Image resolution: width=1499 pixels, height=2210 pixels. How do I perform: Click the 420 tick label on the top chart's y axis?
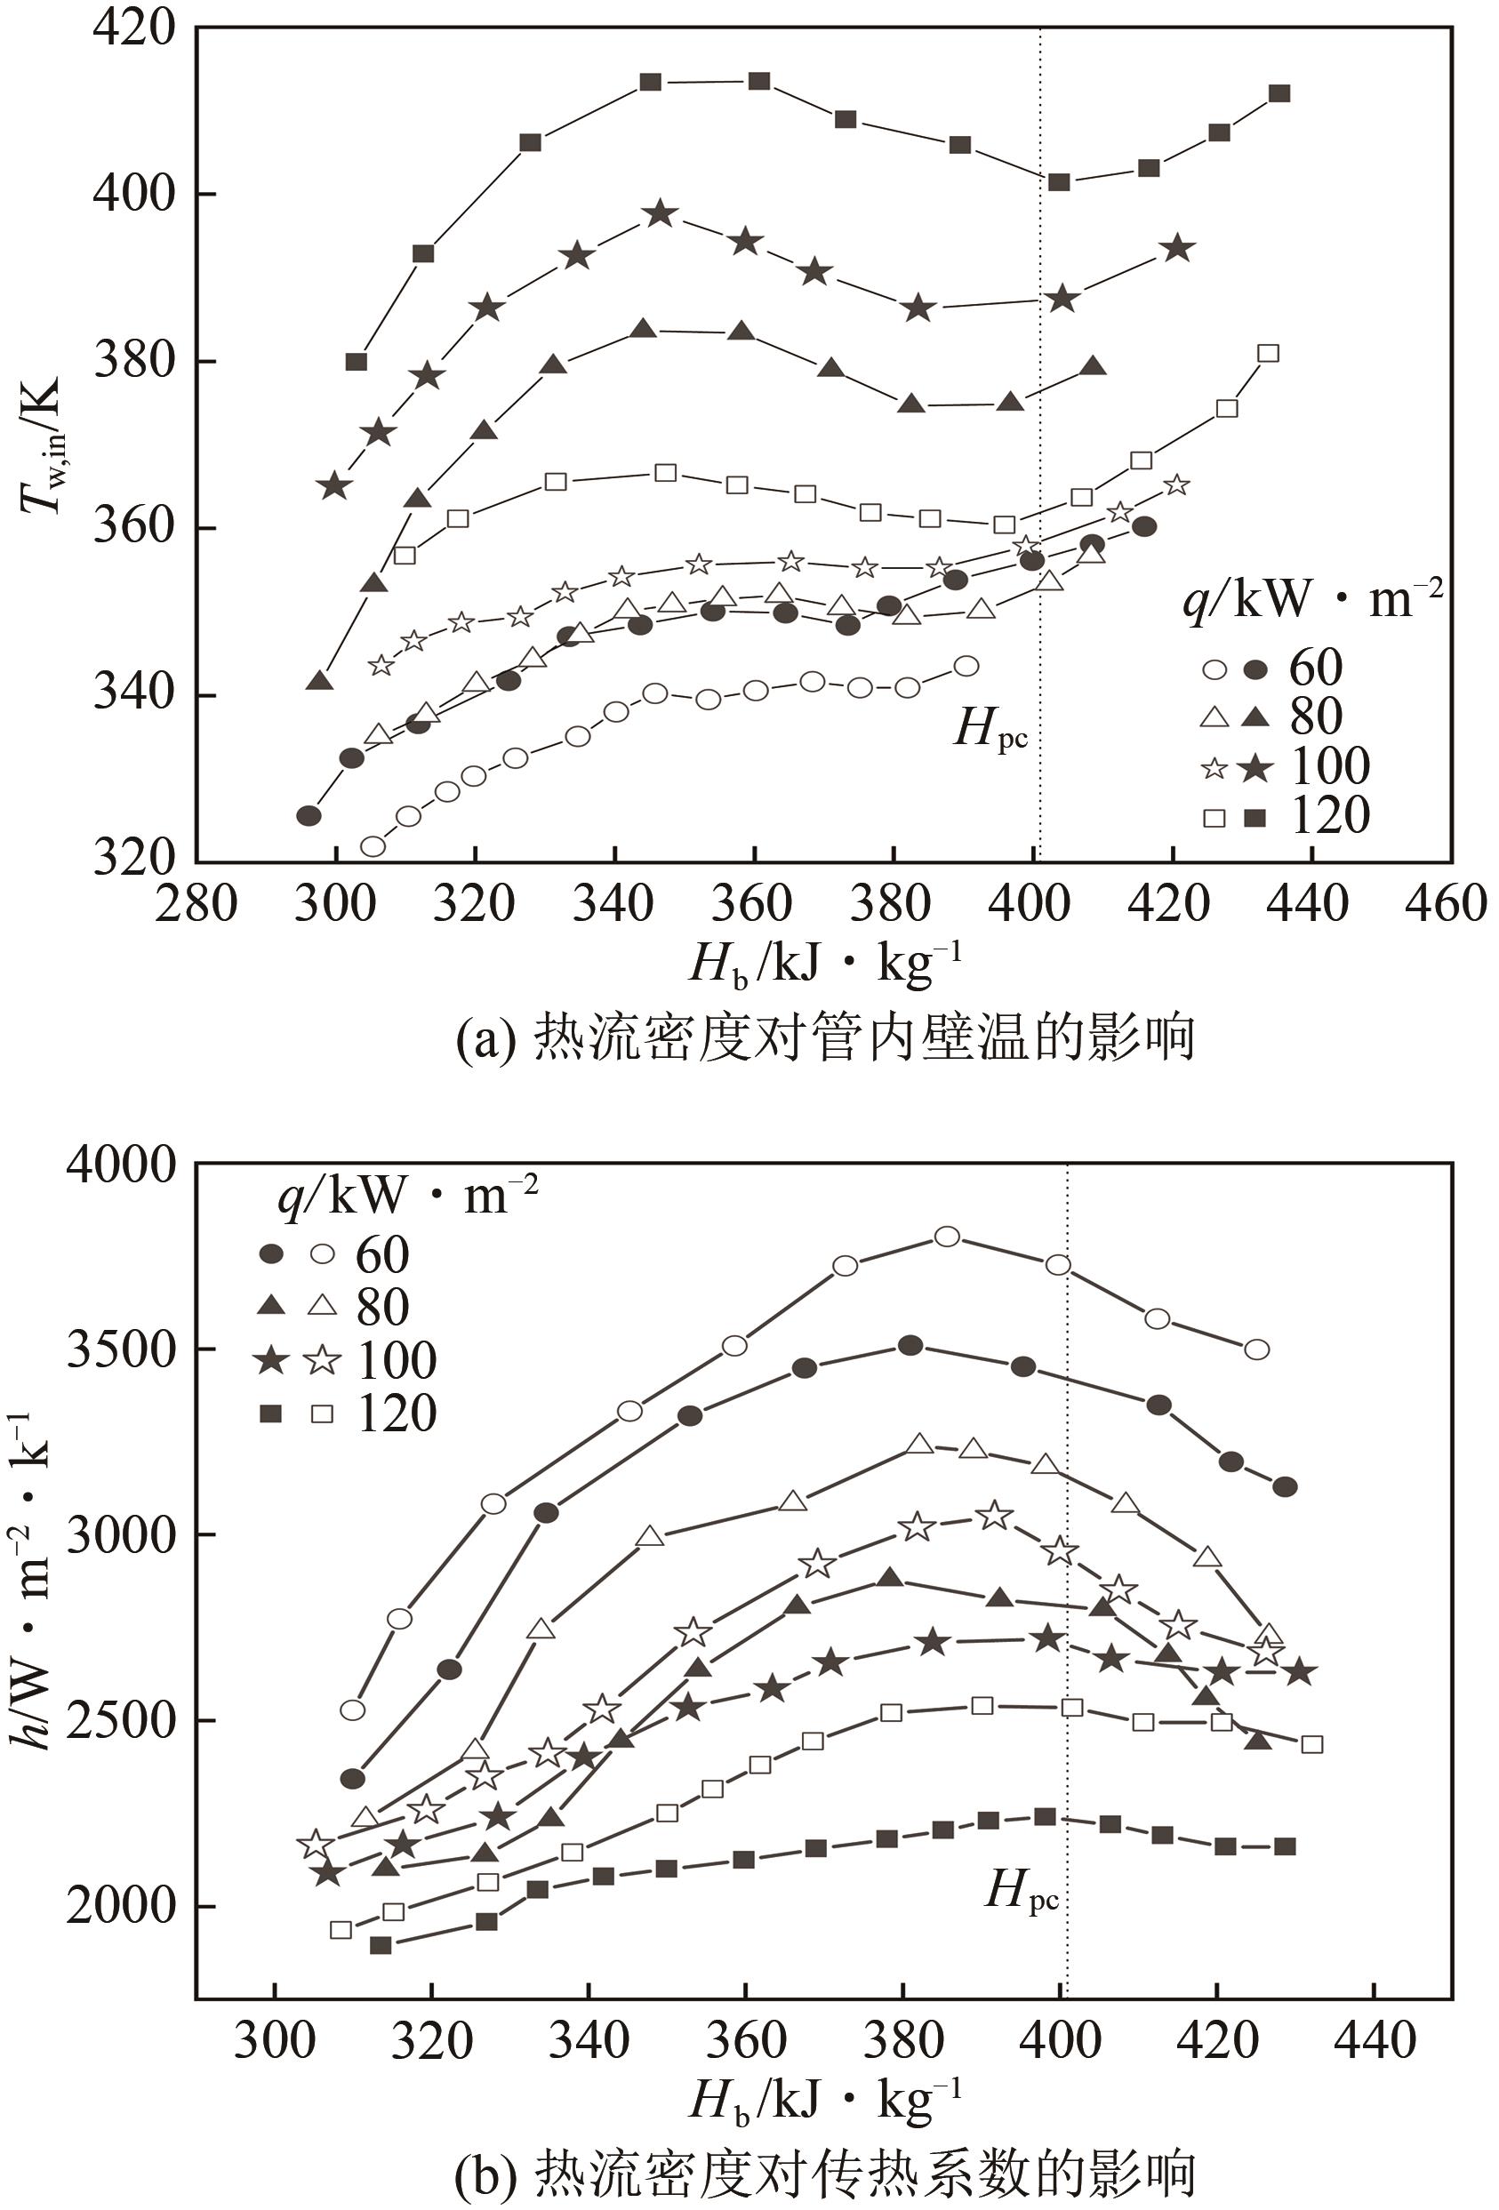134,28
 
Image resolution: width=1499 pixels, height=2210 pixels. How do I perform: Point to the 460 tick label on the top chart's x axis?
1445,902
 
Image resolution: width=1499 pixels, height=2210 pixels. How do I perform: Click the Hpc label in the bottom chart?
1022,1891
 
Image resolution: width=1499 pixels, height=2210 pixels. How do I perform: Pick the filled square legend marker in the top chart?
1255,817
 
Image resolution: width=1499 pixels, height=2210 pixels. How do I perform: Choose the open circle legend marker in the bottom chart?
324,1254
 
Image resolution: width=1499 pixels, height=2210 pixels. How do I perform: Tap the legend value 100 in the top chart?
1329,766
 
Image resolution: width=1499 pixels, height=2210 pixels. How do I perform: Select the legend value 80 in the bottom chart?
382,1308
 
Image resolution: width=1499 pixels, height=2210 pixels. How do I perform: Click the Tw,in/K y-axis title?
43,444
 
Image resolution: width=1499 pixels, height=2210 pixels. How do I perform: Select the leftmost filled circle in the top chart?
309,815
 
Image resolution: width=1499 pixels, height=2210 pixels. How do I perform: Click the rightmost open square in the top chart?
1268,353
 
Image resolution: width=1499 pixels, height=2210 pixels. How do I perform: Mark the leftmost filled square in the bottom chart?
381,1945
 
